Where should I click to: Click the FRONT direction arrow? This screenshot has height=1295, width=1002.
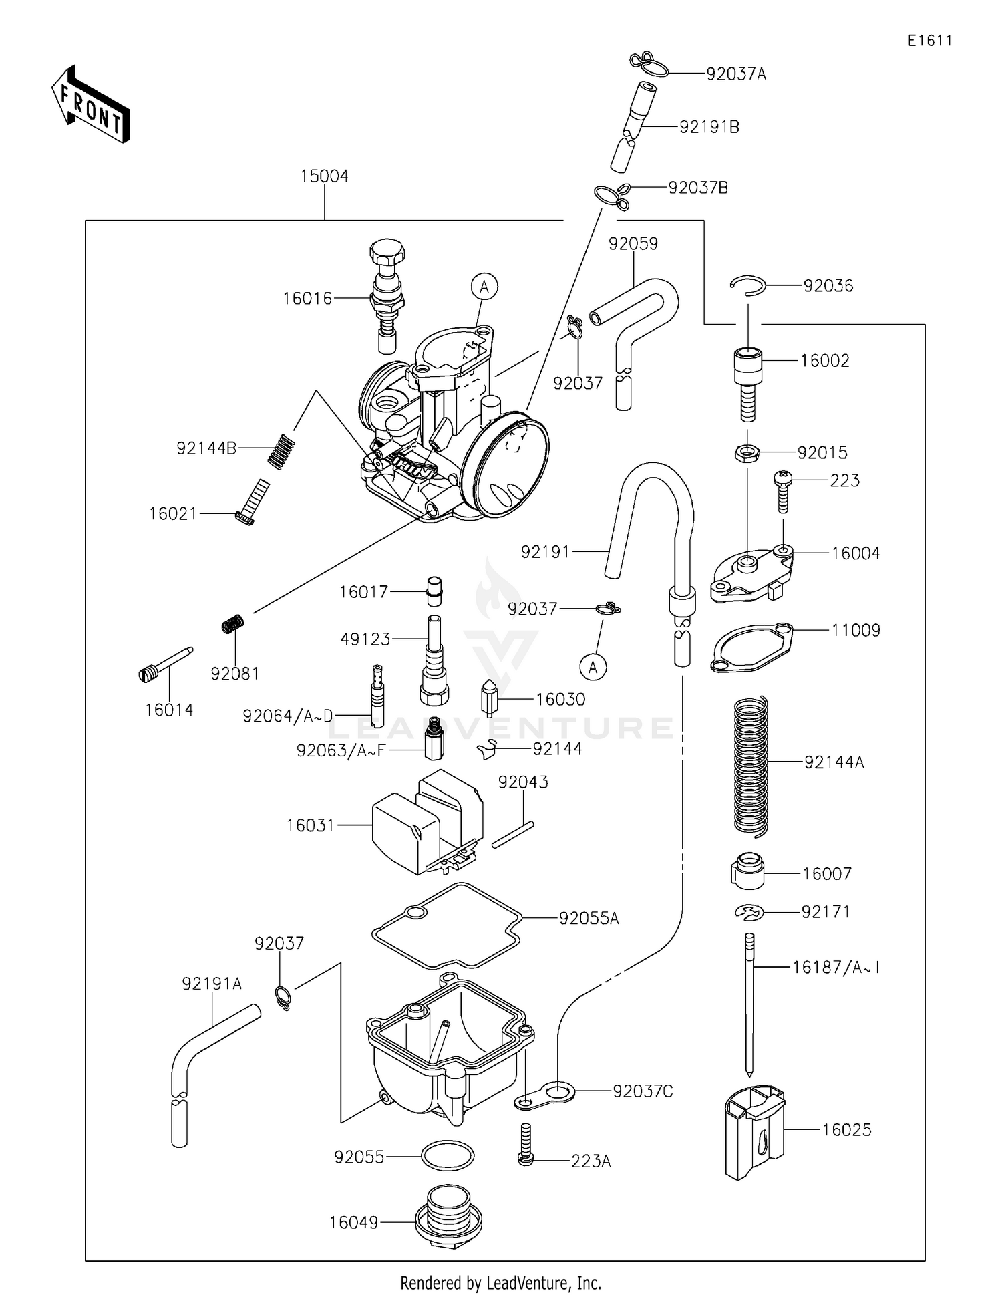pos(90,106)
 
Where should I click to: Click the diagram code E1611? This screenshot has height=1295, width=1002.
pos(930,41)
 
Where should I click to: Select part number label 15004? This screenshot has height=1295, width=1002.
pos(324,176)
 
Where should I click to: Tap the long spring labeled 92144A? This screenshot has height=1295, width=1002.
pos(751,765)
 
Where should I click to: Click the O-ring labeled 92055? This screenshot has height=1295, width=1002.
pos(447,1155)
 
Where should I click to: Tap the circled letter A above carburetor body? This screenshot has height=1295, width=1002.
pos(484,287)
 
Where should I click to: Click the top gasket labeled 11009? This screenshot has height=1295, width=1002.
pos(751,647)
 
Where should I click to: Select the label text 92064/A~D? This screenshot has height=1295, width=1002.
pos(288,716)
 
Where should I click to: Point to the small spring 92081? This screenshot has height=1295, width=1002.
pos(232,625)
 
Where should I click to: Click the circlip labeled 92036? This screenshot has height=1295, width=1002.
pos(747,285)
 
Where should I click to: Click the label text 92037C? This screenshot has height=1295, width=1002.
pos(643,1091)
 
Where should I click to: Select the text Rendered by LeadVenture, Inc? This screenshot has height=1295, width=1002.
pos(500,1282)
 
